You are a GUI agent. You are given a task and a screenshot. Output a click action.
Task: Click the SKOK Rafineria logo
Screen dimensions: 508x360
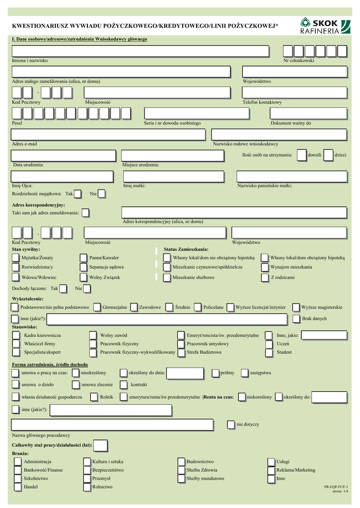(320, 26)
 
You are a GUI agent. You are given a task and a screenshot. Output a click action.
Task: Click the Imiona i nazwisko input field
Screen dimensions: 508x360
(140, 51)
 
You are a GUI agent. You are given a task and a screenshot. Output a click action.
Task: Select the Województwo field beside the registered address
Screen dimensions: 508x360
(293, 72)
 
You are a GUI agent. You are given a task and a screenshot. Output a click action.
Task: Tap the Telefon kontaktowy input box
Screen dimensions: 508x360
(293, 93)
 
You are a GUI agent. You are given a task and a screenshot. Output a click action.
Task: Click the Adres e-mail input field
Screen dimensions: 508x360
(108, 134)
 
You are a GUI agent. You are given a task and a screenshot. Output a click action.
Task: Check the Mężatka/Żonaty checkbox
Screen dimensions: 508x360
(15, 257)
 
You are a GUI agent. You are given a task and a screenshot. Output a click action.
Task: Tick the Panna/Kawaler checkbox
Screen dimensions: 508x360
(83, 257)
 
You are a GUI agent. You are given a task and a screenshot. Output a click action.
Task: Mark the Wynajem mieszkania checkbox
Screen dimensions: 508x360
(264, 267)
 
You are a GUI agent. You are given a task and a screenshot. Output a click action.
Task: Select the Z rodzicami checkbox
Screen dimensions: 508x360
(264, 277)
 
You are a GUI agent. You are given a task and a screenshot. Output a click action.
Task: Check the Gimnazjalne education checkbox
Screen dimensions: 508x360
(97, 307)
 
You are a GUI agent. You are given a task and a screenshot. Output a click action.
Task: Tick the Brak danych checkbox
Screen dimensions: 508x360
(296, 318)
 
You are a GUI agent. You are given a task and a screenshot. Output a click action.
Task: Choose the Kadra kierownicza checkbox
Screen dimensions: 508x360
(15, 335)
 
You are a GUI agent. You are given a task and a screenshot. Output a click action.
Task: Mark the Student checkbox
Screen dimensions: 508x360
(268, 352)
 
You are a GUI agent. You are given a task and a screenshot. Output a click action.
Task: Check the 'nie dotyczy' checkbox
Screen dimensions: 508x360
(231, 425)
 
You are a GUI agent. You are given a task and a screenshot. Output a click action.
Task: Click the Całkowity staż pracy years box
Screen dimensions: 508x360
(100, 445)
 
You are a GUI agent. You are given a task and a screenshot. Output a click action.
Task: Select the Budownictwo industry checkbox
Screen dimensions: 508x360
(181, 462)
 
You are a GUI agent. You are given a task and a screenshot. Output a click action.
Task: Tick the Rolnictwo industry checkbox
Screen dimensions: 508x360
(88, 487)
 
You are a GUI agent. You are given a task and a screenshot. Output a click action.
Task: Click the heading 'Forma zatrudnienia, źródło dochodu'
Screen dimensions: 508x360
(50, 365)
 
